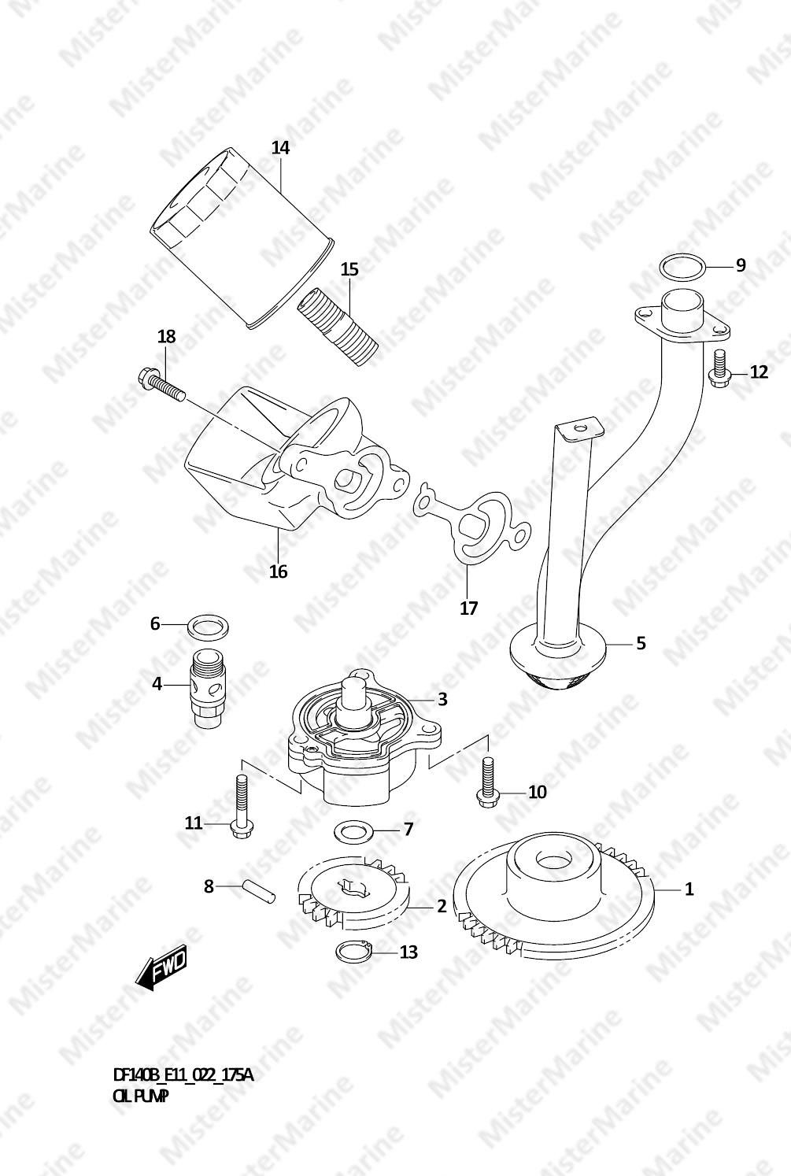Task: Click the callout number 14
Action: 280,148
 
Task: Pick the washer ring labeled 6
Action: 209,625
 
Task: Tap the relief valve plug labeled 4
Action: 209,689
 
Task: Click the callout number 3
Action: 442,699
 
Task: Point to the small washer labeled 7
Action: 353,830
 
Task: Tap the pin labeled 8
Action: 257,892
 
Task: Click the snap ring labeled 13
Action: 353,952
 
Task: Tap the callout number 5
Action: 641,643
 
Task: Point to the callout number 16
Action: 278,571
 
